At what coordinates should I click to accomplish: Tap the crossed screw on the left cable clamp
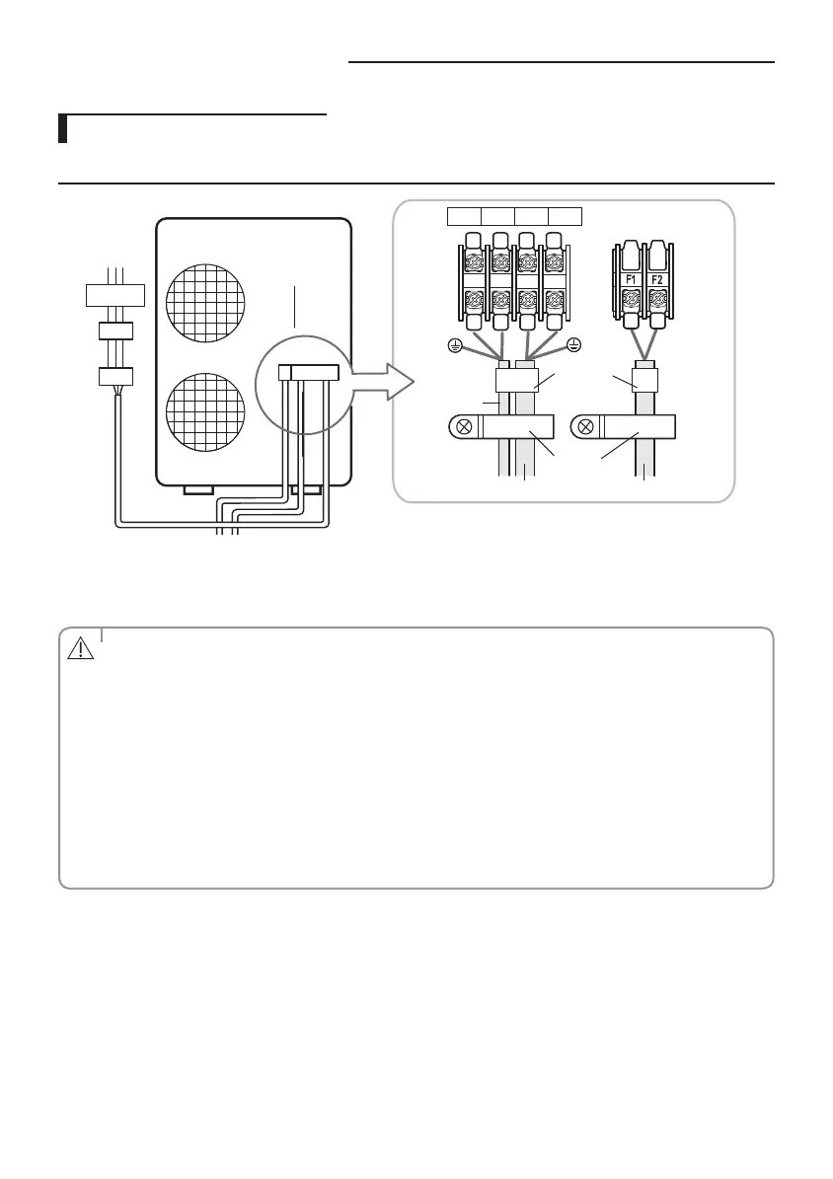point(460,428)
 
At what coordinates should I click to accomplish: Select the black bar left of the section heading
point(62,129)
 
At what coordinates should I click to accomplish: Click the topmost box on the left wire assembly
point(115,294)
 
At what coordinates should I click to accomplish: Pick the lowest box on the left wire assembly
point(115,376)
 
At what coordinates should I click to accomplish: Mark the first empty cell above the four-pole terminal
point(464,216)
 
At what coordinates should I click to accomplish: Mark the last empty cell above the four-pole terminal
point(566,216)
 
